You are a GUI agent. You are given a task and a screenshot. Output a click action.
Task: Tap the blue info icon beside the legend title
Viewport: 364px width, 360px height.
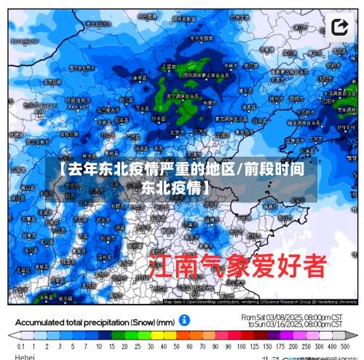[x=185, y=320]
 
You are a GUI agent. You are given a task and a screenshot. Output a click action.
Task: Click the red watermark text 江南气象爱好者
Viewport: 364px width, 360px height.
[x=237, y=266]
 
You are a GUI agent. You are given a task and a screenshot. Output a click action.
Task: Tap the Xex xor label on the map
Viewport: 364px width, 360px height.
[x=78, y=106]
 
